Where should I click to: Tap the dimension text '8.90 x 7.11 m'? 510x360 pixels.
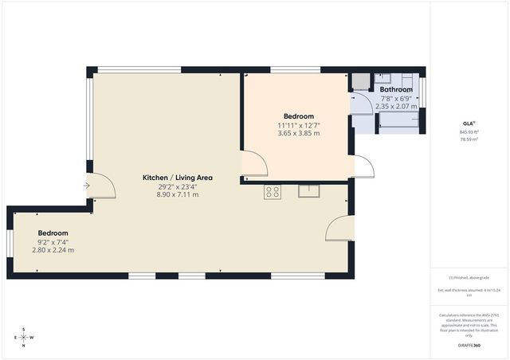[178, 194]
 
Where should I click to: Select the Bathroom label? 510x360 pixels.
[396, 90]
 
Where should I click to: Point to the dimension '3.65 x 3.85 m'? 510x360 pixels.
[299, 134]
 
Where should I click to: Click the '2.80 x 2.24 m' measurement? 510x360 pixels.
[53, 250]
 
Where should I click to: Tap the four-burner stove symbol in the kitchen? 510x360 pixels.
[273, 191]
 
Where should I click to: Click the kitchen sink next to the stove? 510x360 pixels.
[309, 191]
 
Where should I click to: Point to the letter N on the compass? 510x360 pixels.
[24, 345]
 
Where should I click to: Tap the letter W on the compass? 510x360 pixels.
[32, 337]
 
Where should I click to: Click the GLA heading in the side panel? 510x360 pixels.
[469, 123]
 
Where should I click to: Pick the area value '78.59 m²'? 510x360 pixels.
[469, 139]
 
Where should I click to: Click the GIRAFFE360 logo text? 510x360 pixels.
[469, 345]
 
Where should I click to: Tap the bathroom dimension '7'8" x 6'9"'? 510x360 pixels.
[396, 98]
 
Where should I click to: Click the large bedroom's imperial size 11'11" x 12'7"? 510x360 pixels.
[299, 125]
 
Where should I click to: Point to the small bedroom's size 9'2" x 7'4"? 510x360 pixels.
[53, 242]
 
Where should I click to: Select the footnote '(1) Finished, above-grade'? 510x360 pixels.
[469, 277]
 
